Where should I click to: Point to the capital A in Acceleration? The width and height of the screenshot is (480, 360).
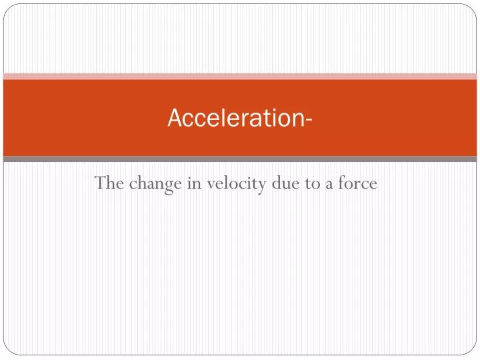point(174,118)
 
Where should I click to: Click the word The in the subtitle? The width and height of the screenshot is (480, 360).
point(107,182)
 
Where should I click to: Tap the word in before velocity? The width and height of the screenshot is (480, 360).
point(195,182)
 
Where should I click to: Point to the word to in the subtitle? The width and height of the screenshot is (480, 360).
point(313,183)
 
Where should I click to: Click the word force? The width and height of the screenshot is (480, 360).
point(359,182)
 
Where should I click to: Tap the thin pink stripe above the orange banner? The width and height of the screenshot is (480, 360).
point(240,77)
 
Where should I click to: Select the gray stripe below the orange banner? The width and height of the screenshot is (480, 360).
point(240,159)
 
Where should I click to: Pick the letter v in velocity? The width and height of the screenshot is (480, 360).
point(210,184)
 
